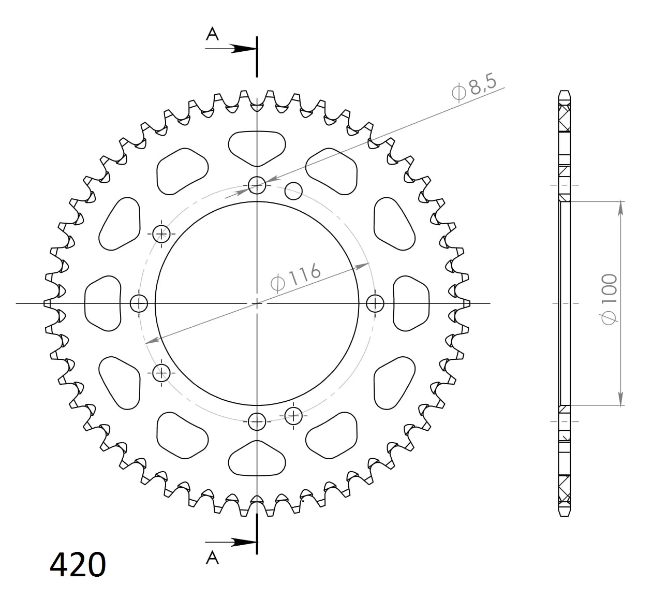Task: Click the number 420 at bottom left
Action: (78, 565)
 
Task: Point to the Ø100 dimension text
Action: (610, 299)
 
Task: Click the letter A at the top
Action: (212, 34)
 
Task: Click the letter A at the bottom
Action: (212, 558)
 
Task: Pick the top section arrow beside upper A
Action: (231, 49)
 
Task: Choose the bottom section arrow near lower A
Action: (231, 542)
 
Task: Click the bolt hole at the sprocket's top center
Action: (257, 185)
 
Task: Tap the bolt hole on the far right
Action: (375, 303)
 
